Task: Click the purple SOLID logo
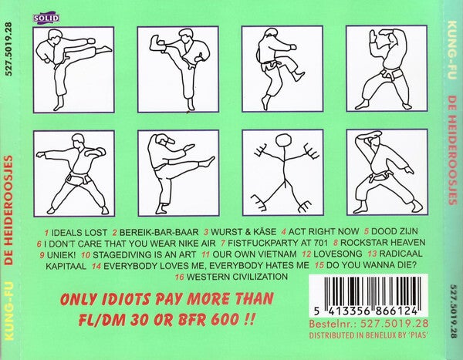coord(46,18)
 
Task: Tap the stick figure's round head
coord(283,141)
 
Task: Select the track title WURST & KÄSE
coord(244,232)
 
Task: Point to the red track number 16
coord(179,277)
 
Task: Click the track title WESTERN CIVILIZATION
coord(237,277)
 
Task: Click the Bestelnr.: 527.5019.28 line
coord(369,324)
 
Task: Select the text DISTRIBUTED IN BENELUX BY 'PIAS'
coord(369,335)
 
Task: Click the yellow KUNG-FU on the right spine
coord(451,49)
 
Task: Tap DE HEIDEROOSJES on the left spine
coord(9,210)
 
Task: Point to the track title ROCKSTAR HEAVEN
coord(383,243)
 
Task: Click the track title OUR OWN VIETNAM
coord(255,254)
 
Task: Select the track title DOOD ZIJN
coord(394,231)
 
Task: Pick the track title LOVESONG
coord(338,254)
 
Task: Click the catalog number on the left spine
coord(8,49)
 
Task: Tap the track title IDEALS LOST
coord(79,233)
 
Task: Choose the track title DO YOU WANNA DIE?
coord(371,265)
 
